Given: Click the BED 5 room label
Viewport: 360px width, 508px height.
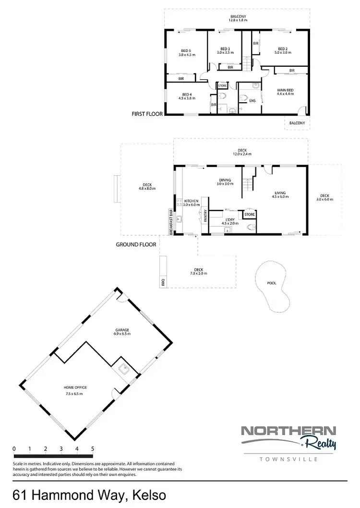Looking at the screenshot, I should click(186, 52).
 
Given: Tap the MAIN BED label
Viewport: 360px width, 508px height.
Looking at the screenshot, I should click(285, 92).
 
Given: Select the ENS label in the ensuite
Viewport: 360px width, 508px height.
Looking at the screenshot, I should click(252, 101).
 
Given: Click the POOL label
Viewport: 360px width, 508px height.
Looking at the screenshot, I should click(271, 283).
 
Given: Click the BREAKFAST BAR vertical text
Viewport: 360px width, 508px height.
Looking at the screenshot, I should click(171, 222).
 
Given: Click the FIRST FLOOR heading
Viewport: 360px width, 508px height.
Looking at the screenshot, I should click(147, 114).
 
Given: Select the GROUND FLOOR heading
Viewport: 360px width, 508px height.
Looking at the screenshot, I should click(136, 244).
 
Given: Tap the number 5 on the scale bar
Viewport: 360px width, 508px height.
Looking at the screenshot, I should click(92, 449).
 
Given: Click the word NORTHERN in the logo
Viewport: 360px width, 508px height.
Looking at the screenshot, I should click(288, 430).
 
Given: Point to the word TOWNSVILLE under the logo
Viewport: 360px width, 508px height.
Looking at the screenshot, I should click(289, 460).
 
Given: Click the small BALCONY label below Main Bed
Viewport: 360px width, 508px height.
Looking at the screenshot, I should click(297, 123).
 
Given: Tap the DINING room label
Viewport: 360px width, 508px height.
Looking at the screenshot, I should click(225, 181).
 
